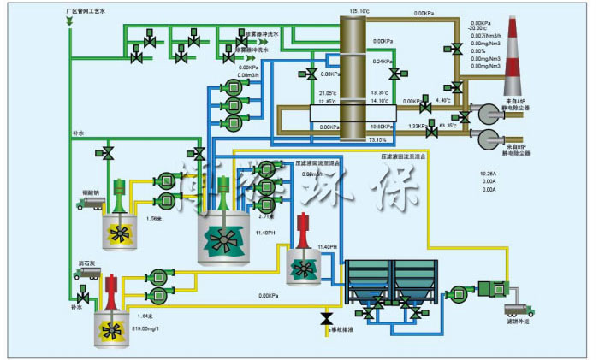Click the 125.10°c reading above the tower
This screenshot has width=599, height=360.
pos(359,11)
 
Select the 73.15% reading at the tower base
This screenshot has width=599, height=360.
pos(377,139)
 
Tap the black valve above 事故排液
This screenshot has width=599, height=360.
pos(326,318)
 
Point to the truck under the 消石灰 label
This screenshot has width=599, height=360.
pos(88,274)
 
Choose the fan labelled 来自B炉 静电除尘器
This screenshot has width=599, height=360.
pos(493,141)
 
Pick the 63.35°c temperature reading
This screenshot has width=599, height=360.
pos(448,126)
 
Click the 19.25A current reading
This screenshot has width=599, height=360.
pos(489,174)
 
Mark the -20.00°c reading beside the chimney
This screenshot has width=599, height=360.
pos(477,29)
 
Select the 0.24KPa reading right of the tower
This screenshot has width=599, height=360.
pos(382,62)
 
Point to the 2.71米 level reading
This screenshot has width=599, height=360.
pos(265,216)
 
